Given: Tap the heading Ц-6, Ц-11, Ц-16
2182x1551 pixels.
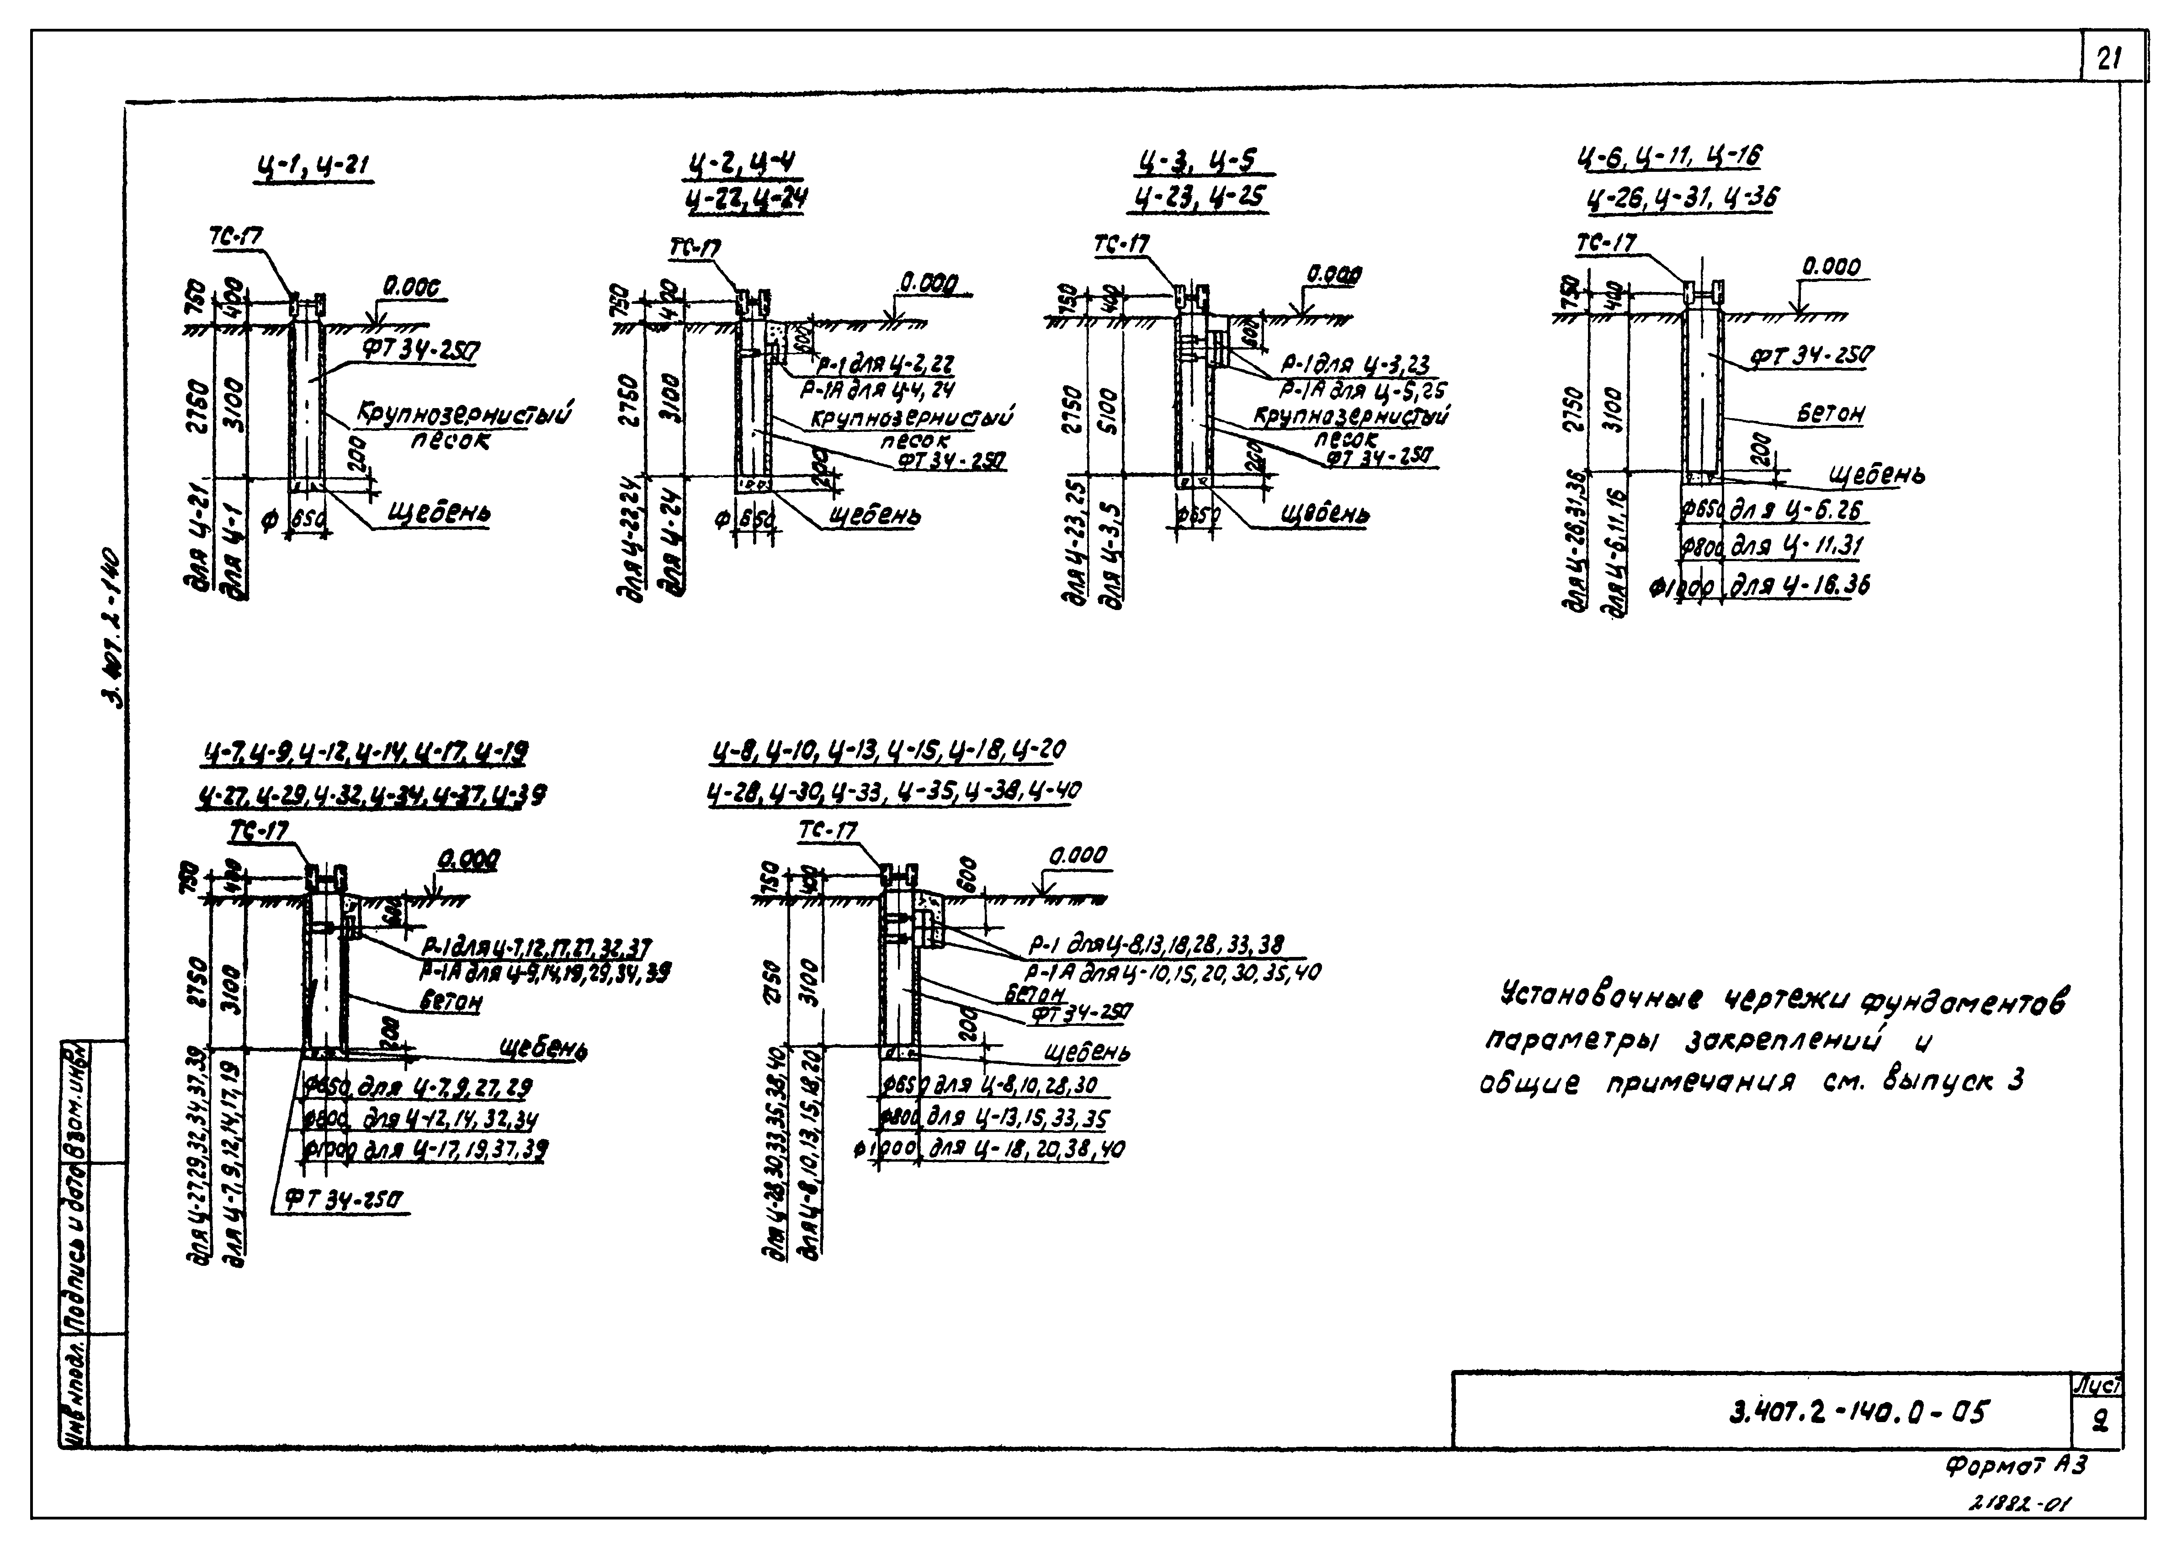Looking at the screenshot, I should pyautogui.click(x=1669, y=156).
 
